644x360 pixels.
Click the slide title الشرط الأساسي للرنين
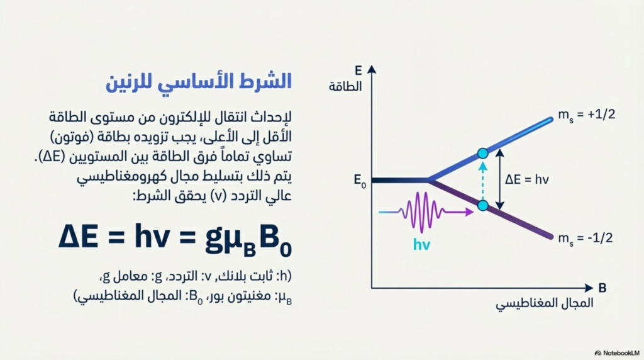199,82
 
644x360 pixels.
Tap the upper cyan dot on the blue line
483,154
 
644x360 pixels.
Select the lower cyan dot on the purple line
483,205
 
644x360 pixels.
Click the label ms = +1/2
587,115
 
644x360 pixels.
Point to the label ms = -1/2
586,239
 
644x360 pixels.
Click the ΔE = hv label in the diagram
527,179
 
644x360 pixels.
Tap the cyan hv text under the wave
421,245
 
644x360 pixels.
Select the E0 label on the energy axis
360,181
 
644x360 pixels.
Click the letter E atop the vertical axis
358,70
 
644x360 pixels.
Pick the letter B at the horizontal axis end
602,288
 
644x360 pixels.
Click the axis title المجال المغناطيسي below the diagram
544,304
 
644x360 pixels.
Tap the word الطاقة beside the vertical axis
345,87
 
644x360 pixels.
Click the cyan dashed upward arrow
483,181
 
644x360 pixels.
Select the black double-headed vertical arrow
499,179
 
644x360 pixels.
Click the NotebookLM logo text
618,353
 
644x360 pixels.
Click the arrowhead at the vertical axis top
372,69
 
